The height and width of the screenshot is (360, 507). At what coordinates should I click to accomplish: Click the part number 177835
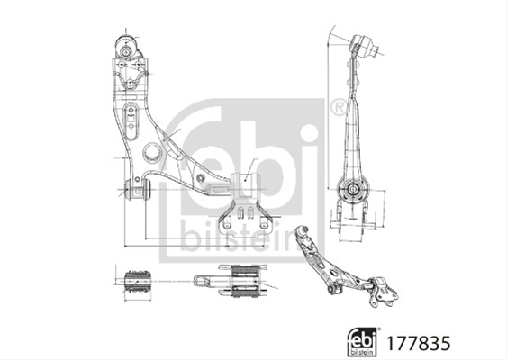click(418, 343)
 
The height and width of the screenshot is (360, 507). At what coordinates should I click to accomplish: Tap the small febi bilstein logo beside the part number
click(362, 342)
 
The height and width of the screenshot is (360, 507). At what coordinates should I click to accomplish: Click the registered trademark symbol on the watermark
click(339, 108)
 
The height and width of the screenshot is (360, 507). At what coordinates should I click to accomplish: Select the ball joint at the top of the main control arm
click(125, 48)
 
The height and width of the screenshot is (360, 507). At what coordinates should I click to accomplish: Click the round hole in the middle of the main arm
click(151, 152)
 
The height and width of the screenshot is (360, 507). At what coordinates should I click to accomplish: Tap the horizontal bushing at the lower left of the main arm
click(138, 189)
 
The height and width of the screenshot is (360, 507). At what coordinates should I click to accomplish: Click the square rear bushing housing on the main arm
click(245, 184)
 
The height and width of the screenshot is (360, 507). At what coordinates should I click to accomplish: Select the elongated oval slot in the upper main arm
click(131, 121)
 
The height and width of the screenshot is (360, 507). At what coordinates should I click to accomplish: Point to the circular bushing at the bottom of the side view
click(352, 188)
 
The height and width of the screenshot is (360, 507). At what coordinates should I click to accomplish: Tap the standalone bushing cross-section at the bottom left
click(138, 282)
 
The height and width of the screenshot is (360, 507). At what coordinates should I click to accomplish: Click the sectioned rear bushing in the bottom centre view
click(246, 281)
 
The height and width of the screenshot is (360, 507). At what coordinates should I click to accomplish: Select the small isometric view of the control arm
click(346, 267)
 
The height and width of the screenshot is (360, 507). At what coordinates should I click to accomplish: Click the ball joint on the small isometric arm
click(302, 231)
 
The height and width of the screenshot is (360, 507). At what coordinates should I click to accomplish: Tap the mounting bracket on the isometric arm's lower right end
click(385, 292)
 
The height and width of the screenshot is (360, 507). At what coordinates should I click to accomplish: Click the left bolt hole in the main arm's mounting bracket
click(228, 225)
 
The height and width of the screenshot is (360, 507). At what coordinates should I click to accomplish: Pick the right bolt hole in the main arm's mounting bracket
click(264, 225)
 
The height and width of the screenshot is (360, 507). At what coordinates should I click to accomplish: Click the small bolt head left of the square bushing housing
click(201, 177)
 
